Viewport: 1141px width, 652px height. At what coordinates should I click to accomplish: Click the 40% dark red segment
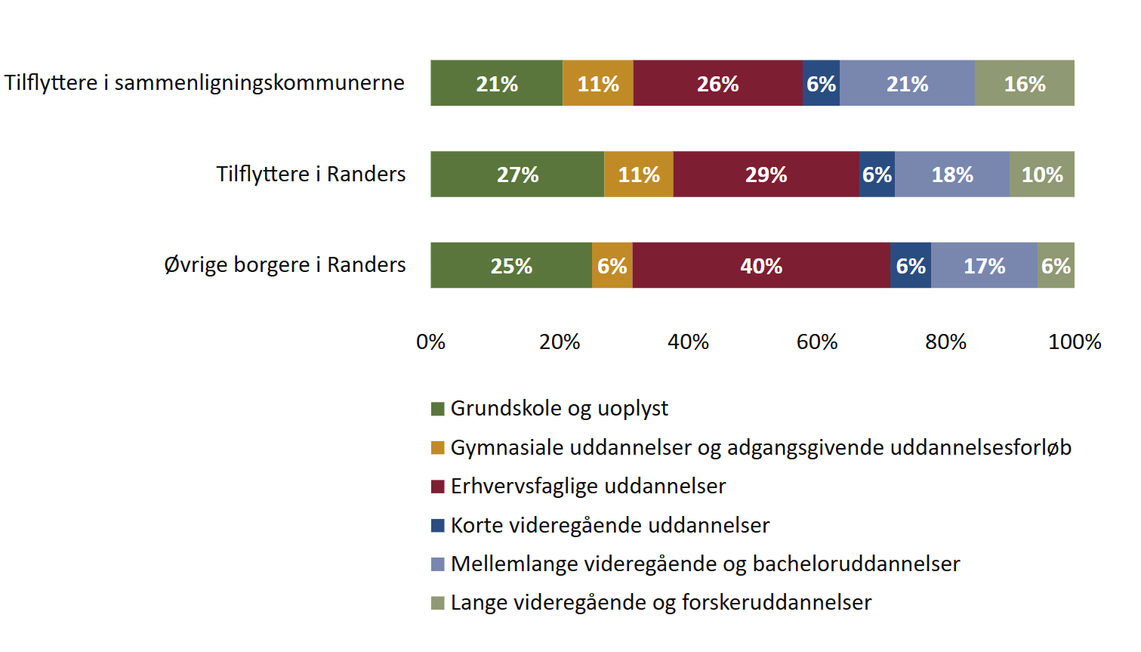[x=761, y=265]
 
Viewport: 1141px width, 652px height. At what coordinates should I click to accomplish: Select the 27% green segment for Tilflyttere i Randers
[x=517, y=175]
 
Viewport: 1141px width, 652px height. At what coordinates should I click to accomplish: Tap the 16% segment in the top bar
[x=1024, y=83]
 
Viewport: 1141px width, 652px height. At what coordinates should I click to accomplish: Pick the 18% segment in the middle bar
[x=952, y=175]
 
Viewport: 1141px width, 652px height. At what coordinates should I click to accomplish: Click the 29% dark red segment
[x=766, y=175]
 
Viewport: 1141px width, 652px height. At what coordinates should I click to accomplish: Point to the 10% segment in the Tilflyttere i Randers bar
[x=1042, y=175]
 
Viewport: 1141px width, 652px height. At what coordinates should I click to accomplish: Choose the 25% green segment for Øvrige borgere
[x=511, y=265]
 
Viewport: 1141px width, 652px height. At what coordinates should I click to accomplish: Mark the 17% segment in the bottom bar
[x=984, y=265]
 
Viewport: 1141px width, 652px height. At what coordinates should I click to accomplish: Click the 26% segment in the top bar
[x=717, y=83]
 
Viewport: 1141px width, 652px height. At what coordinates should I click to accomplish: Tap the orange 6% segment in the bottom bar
[x=612, y=265]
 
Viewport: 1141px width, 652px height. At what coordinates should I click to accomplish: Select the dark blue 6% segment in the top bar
[x=821, y=83]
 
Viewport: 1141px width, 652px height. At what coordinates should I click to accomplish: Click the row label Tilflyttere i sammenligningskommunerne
[x=205, y=82]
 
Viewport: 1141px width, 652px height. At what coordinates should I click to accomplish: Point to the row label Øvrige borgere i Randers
[x=285, y=264]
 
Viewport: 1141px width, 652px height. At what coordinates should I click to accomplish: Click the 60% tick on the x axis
[x=817, y=342]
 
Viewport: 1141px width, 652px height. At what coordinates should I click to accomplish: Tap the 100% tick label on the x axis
[x=1075, y=342]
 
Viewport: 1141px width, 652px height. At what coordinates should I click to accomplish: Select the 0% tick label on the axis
[x=430, y=342]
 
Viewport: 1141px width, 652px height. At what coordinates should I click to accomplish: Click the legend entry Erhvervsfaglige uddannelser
[x=587, y=486]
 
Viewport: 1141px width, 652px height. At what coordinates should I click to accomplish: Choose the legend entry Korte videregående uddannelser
[x=609, y=525]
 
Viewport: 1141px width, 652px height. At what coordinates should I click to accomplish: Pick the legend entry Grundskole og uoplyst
[x=559, y=409]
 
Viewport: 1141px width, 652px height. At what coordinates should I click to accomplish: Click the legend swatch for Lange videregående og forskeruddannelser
[x=438, y=603]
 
